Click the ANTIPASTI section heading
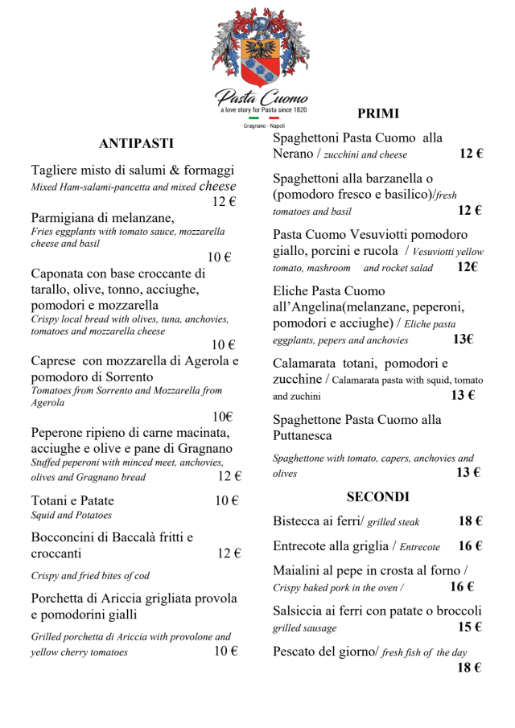tap(136, 144)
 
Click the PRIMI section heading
tap(377, 113)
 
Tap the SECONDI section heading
tap(377, 496)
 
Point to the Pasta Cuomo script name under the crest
tap(262, 98)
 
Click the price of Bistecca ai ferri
tap(470, 521)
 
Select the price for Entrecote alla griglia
tap(470, 546)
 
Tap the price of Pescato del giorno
tap(470, 668)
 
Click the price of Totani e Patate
tap(227, 500)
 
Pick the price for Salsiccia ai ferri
tap(470, 627)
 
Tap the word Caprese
tap(54, 361)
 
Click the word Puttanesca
tap(303, 436)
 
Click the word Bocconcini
tap(68, 537)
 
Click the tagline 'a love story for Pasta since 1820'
tap(262, 109)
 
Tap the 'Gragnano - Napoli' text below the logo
tap(262, 126)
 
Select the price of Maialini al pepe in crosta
tap(462, 586)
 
